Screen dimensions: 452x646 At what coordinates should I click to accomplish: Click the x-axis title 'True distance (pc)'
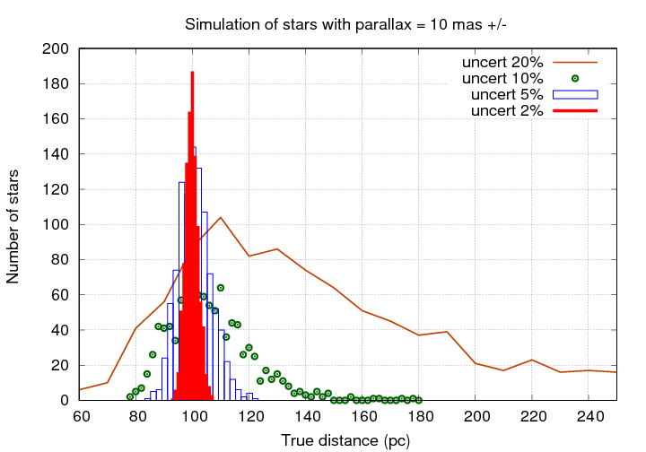coord(346,440)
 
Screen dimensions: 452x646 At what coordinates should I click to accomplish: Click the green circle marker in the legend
coord(575,79)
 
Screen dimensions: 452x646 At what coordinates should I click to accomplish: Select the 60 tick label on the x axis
coord(80,418)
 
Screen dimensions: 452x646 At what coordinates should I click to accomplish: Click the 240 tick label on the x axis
coord(589,418)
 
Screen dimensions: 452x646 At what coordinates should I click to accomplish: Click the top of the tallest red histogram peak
coord(192,73)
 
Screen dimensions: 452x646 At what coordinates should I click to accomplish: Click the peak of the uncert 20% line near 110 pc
coord(221,217)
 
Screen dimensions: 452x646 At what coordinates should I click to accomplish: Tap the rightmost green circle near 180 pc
coord(419,400)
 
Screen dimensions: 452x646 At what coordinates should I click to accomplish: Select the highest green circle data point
coord(221,288)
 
